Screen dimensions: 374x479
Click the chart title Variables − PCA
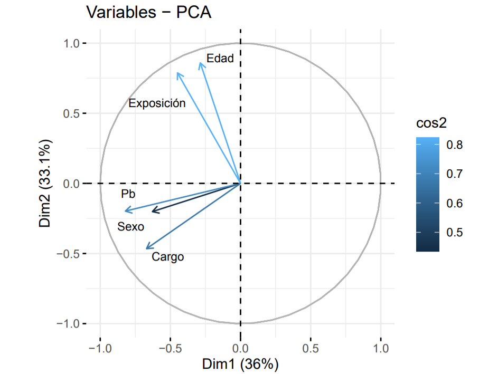click(149, 13)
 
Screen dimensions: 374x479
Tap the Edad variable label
click(220, 59)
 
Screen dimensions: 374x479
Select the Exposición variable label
click(157, 103)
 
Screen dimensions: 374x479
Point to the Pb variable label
click(128, 194)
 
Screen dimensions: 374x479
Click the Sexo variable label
click(130, 227)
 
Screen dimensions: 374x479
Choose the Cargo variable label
click(168, 257)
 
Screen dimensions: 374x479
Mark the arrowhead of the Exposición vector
click(177, 73)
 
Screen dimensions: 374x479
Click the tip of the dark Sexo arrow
click(152, 212)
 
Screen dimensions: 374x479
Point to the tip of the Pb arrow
click(125, 212)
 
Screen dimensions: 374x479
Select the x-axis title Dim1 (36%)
click(240, 364)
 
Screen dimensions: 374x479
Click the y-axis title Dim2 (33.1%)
click(45, 184)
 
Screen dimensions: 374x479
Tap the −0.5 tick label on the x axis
click(170, 348)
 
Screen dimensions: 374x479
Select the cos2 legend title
click(431, 123)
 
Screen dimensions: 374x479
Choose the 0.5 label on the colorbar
click(455, 232)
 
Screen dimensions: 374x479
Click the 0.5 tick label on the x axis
click(311, 348)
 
